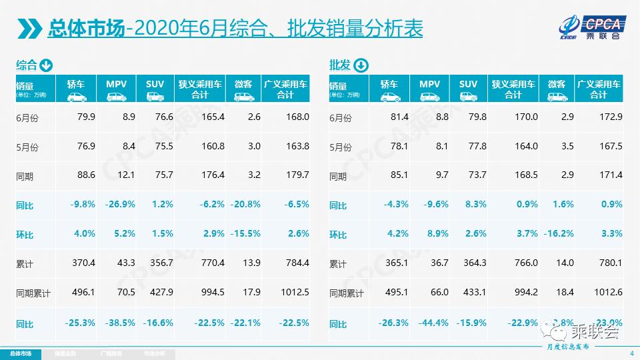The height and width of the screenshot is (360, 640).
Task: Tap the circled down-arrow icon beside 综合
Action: pyautogui.click(x=46, y=65)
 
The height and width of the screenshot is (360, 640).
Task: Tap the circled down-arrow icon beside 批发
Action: pyautogui.click(x=359, y=65)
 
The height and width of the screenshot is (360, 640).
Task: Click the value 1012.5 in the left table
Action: pyautogui.click(x=295, y=293)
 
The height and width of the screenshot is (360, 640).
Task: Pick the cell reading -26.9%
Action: pyautogui.click(x=120, y=205)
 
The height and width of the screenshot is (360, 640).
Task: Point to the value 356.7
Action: pyautogui.click(x=159, y=263)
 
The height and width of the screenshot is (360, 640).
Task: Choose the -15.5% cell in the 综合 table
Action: pyautogui.click(x=246, y=234)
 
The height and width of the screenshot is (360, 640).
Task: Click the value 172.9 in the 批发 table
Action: pyautogui.click(x=610, y=117)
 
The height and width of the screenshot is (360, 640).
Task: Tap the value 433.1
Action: pyautogui.click(x=473, y=293)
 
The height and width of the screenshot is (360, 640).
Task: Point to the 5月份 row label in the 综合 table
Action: pyautogui.click(x=27, y=147)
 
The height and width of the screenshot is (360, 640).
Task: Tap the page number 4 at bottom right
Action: pyautogui.click(x=631, y=353)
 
